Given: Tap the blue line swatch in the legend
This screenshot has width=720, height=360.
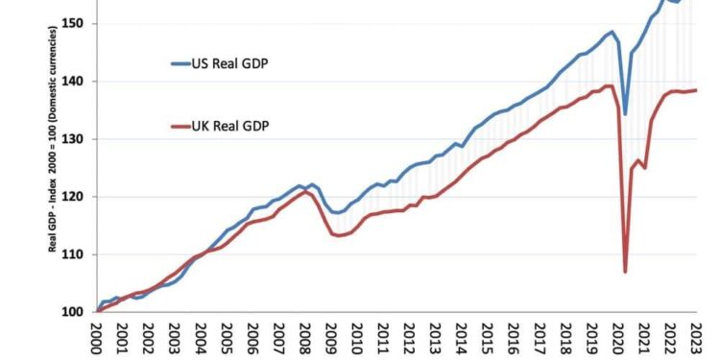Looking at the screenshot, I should click(x=181, y=64).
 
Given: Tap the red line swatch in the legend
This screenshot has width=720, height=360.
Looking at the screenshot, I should click(x=181, y=125).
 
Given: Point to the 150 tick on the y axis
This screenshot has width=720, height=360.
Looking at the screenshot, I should click(x=77, y=23).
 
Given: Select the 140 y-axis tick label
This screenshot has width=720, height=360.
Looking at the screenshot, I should click(x=77, y=82).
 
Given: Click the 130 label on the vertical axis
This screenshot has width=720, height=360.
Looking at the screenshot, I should click(x=77, y=139).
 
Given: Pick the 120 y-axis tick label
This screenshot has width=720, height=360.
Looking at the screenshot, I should click(x=77, y=197).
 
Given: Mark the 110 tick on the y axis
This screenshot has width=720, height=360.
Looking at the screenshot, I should click(x=77, y=254).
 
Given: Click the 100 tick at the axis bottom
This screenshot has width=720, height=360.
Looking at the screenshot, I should click(x=77, y=312).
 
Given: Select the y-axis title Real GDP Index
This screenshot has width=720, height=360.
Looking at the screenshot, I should click(x=54, y=139).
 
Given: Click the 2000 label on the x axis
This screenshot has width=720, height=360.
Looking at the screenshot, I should click(x=97, y=338).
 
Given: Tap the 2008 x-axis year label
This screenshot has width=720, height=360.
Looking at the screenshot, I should click(x=304, y=338).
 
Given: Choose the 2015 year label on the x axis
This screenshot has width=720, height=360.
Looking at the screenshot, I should click(x=486, y=338).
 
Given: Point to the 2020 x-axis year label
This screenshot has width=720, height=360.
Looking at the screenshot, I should click(x=615, y=338).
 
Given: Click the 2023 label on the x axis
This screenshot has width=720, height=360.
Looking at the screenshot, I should click(x=693, y=338).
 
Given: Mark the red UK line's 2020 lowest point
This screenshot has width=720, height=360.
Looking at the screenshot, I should click(x=625, y=272).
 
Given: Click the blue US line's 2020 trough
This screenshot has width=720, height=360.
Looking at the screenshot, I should click(x=625, y=114).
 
